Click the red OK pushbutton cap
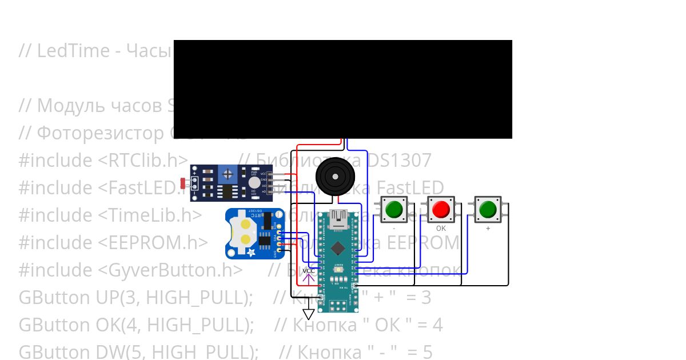point(440,210)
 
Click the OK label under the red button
point(441,228)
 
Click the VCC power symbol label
point(308,270)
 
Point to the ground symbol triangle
point(309,314)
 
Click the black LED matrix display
point(342,89)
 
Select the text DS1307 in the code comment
point(400,161)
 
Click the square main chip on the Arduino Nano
point(338,248)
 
